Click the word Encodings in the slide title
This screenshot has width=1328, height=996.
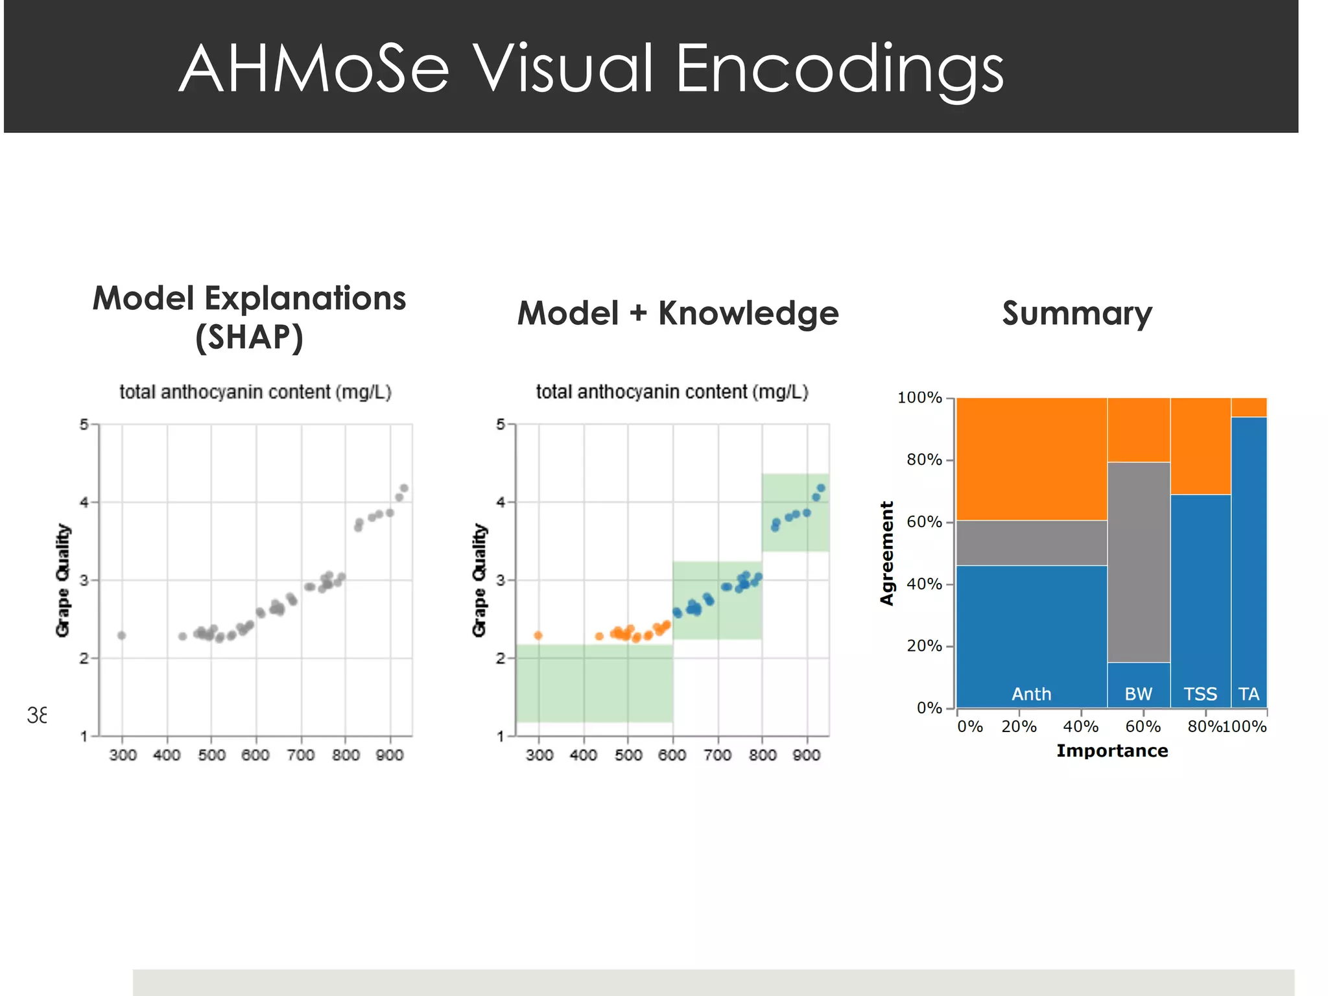[x=839, y=70]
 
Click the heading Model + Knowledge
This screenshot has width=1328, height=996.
[x=678, y=314]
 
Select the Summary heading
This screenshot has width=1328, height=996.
[x=1076, y=314]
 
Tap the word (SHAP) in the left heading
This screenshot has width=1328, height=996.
[x=249, y=338]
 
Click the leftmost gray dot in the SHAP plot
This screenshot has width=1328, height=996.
[x=121, y=635]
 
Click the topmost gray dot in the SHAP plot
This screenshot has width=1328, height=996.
[x=404, y=488]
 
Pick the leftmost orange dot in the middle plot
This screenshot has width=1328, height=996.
[x=538, y=635]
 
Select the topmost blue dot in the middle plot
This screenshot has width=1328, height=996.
[x=821, y=488]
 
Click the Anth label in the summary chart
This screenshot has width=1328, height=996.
[x=1031, y=694]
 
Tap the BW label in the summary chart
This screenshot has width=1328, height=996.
[x=1138, y=694]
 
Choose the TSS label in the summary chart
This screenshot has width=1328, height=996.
[x=1200, y=694]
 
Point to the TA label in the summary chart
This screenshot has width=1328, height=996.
[x=1248, y=694]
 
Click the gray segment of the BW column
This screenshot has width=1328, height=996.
[x=1139, y=562]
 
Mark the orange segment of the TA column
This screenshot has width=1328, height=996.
[x=1249, y=407]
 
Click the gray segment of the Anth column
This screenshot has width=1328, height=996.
[x=1031, y=543]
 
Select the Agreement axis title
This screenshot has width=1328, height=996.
[x=886, y=553]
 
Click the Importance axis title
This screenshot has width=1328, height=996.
[x=1111, y=751]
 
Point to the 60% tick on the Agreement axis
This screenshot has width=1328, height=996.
[x=924, y=522]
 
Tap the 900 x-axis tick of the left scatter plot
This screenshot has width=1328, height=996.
[x=390, y=755]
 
